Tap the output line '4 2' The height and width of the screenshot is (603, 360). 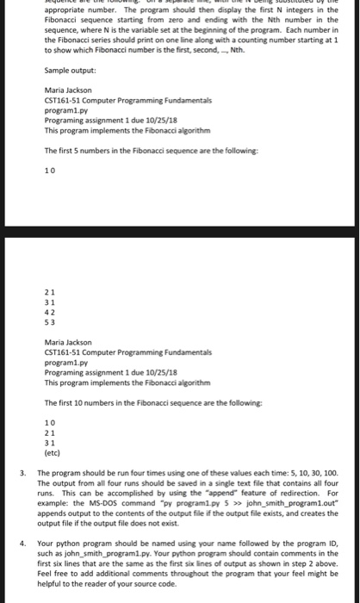(50, 313)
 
